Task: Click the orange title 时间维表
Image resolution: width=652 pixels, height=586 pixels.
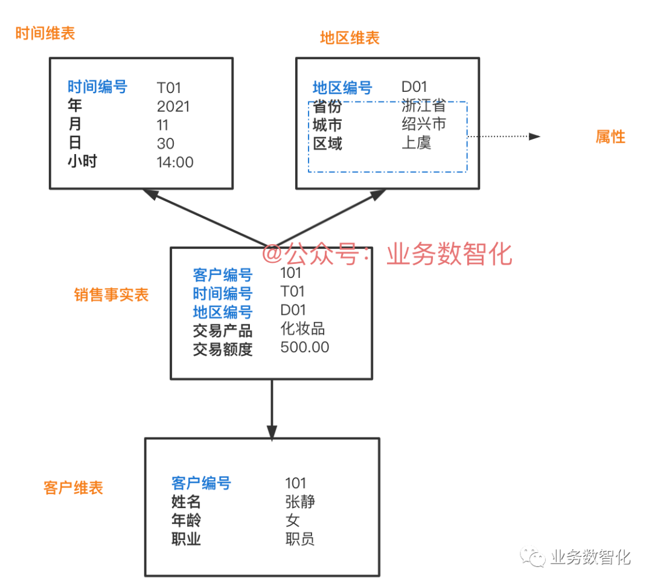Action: point(45,33)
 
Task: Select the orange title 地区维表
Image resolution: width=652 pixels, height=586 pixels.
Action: point(350,38)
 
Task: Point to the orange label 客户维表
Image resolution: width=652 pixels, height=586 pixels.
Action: point(74,488)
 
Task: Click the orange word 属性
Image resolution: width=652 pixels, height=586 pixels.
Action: point(610,137)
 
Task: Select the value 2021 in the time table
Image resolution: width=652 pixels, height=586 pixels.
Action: point(173,107)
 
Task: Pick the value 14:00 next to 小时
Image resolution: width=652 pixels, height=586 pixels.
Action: point(175,162)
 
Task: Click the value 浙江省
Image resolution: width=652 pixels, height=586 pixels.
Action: point(423,106)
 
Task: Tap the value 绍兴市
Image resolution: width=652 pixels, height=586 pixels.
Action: point(423,125)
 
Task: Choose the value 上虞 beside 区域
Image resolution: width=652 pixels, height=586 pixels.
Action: point(416,143)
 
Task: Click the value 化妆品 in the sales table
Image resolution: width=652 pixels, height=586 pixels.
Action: point(303,329)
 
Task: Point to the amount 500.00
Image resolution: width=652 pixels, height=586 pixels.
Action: point(305,347)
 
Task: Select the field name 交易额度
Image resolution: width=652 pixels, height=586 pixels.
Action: point(223,349)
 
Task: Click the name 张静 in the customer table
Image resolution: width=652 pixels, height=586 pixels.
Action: point(300,501)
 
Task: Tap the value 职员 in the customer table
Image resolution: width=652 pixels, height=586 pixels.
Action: point(300,539)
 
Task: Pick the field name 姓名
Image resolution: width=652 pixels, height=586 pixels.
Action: point(186,501)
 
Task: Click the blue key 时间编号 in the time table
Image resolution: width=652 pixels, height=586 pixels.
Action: point(97,87)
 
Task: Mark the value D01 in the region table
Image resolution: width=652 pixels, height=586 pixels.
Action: point(414,87)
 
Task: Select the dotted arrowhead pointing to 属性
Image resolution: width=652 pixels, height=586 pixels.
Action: point(534,137)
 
